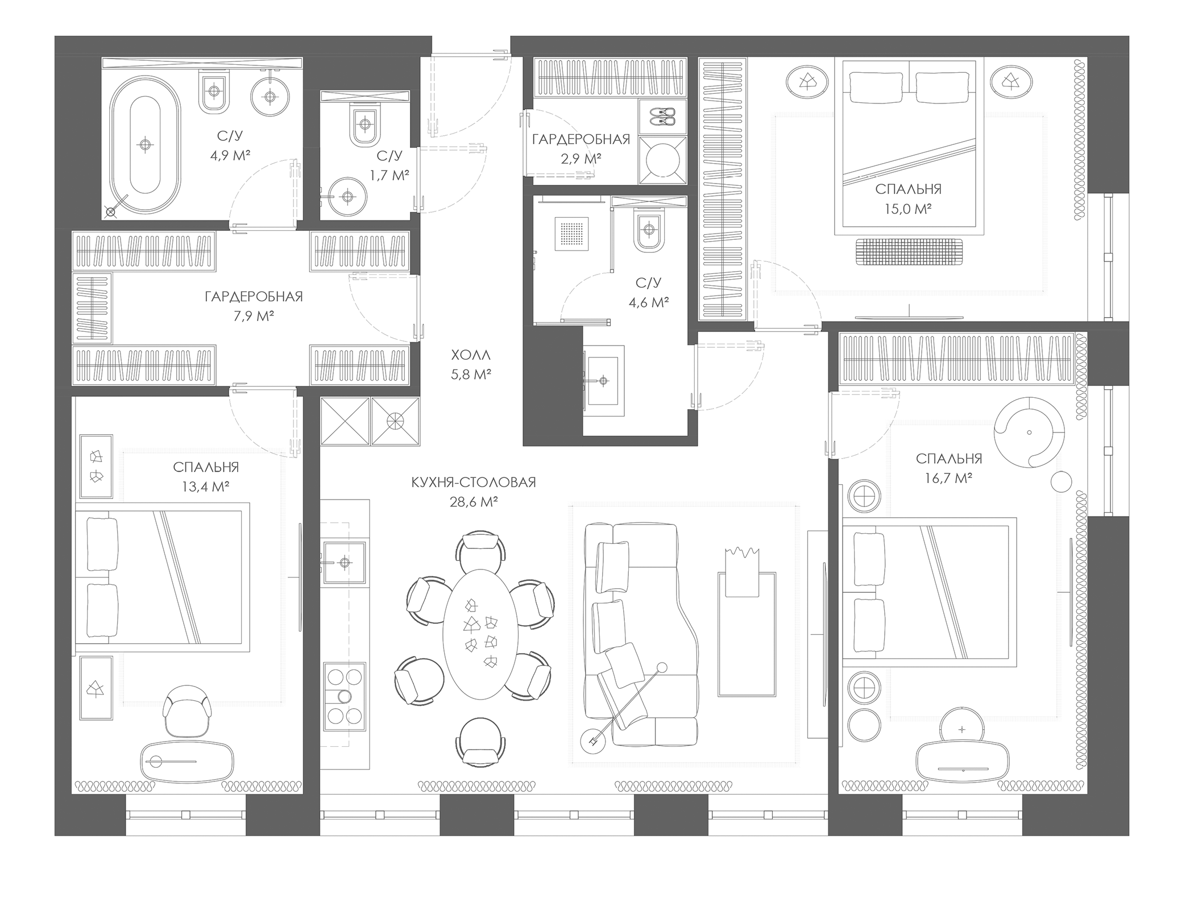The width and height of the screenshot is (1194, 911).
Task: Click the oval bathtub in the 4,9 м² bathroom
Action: pyautogui.click(x=145, y=145)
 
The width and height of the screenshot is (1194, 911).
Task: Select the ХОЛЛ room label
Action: pyautogui.click(x=471, y=355)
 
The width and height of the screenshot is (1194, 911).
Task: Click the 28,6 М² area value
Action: pyautogui.click(x=474, y=502)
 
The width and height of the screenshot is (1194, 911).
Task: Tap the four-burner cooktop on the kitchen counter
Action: pyautogui.click(x=344, y=697)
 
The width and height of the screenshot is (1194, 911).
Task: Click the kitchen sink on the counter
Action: pyautogui.click(x=344, y=563)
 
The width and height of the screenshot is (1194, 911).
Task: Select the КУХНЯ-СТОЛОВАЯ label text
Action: pyautogui.click(x=474, y=482)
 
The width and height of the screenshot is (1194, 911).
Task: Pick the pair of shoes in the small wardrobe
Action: pyautogui.click(x=662, y=116)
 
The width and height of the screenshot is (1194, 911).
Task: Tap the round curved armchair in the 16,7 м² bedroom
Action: pyautogui.click(x=1029, y=432)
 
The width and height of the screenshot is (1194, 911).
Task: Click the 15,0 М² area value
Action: pyautogui.click(x=907, y=209)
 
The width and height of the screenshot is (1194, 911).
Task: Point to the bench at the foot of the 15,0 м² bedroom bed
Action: pyautogui.click(x=910, y=251)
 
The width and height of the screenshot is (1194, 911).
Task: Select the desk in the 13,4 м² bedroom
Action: pyautogui.click(x=187, y=761)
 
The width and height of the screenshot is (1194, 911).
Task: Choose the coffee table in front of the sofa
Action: pyautogui.click(x=747, y=634)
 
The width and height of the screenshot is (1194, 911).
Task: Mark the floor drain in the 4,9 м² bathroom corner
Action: pyautogui.click(x=111, y=213)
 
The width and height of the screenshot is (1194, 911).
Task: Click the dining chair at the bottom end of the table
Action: pyautogui.click(x=480, y=742)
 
